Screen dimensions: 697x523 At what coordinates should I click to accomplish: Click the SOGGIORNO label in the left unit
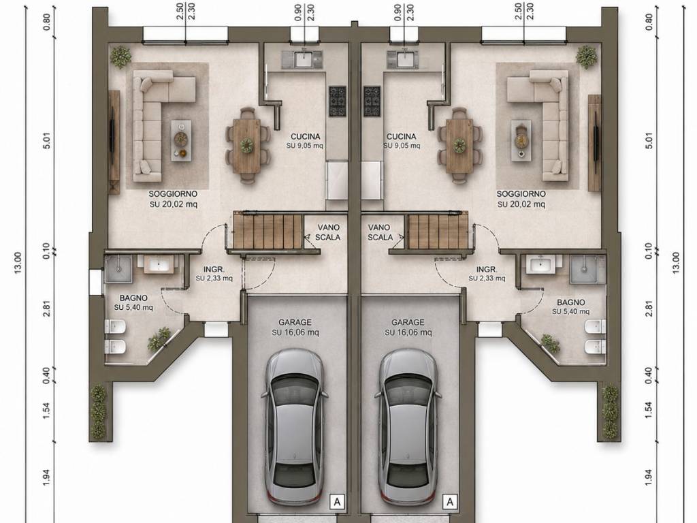173,194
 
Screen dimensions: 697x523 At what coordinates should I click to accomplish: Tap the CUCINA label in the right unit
402,136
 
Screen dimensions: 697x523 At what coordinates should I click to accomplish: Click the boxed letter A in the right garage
450,502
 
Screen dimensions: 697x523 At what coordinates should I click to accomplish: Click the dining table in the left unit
247,146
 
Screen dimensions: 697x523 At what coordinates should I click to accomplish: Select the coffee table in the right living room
521,140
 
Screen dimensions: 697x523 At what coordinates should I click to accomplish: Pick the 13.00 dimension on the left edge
18,263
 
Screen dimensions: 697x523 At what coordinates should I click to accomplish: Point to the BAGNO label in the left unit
133,298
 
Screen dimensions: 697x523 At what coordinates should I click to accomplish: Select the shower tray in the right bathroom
587,268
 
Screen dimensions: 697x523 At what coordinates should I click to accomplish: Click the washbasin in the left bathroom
157,264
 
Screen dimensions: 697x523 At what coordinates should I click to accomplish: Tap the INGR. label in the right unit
487,270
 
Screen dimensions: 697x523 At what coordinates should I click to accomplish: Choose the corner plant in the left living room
120,57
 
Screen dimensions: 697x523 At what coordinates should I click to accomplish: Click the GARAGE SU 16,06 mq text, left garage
295,327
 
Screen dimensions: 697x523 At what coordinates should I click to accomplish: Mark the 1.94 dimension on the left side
47,477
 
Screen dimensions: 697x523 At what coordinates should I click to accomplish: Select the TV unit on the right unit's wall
594,143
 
